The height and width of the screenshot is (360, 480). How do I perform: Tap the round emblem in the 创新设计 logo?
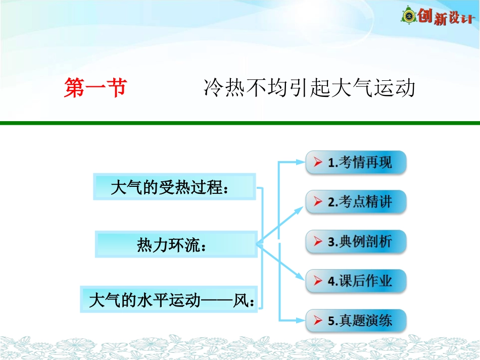tap(408, 16)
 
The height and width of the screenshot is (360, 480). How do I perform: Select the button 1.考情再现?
tap(356, 163)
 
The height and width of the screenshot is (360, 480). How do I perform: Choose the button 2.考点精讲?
tap(356, 202)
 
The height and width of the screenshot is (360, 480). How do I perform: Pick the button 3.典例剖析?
tap(356, 241)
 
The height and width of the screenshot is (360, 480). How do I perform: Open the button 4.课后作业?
tap(356, 281)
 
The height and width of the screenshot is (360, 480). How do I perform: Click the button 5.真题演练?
tap(356, 320)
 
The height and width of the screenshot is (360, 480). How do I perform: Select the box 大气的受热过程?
tap(174, 187)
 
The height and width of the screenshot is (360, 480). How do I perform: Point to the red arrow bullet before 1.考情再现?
tap(318, 163)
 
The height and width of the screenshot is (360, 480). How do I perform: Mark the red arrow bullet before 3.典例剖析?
tap(318, 241)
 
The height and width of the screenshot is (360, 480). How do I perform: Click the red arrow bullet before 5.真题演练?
tap(318, 320)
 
